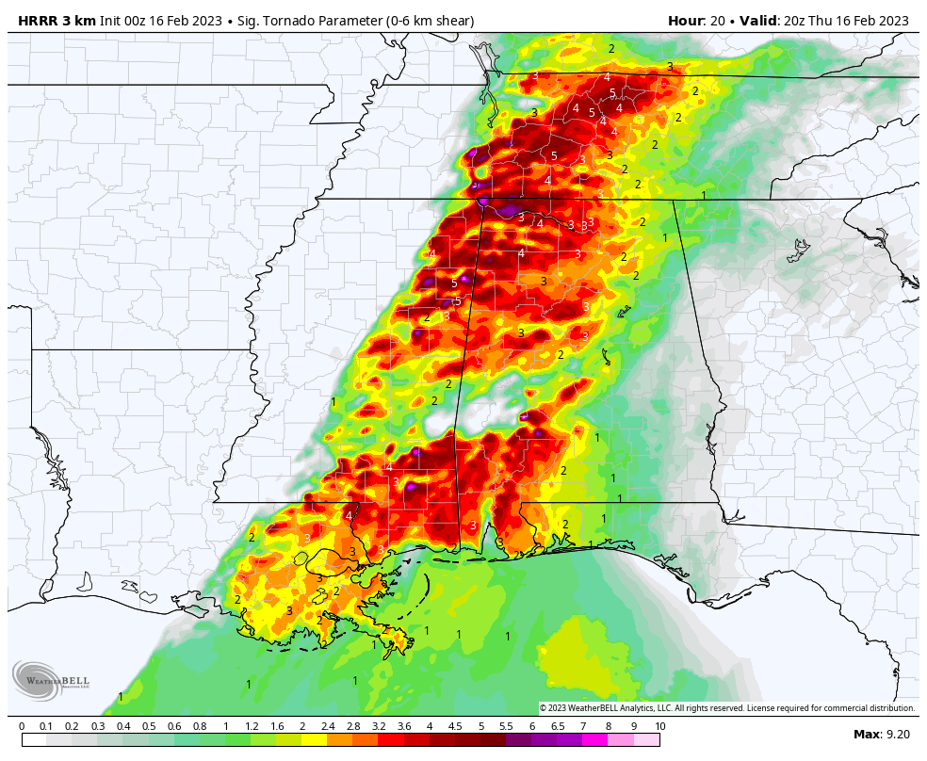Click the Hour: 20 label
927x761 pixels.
click(701, 21)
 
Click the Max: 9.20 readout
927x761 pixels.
click(881, 735)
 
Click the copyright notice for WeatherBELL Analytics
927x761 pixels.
click(726, 708)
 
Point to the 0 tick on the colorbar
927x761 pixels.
click(22, 726)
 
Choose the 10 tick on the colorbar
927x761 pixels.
click(659, 726)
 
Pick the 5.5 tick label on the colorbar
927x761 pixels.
click(506, 726)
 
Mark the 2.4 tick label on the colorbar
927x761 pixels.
click(328, 726)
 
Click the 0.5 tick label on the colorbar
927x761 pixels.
click(149, 726)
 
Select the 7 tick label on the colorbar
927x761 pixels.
click(583, 726)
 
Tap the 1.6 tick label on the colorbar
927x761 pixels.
click(277, 726)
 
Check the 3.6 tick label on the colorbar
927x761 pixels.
click(404, 726)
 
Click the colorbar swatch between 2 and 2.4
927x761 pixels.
click(315, 740)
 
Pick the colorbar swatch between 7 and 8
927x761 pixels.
click(595, 740)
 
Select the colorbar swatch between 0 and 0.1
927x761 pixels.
click(34, 740)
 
